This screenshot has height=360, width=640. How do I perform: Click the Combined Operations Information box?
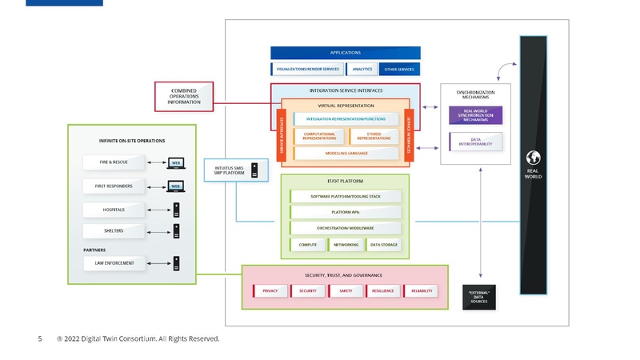184,96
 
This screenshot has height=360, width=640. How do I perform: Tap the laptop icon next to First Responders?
174,186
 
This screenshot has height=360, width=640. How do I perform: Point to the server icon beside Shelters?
176,232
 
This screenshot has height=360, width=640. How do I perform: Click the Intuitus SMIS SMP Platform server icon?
254,170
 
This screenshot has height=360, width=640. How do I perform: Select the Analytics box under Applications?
362,70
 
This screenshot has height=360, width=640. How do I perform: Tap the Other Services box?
399,70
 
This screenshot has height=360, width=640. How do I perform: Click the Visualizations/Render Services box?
308,70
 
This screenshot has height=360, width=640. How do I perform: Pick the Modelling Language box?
346,152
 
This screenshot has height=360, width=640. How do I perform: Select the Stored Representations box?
374,136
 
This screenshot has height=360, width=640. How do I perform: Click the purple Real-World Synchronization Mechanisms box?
475,115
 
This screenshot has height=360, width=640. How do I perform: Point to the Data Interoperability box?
475,142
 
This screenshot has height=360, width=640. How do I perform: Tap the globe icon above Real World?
533,157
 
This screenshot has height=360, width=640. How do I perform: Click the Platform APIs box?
346,212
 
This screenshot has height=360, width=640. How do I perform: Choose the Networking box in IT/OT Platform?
346,245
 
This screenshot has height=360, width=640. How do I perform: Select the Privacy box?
270,290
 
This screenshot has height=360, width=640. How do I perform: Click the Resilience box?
382,290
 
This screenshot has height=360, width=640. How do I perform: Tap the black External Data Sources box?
478,298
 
